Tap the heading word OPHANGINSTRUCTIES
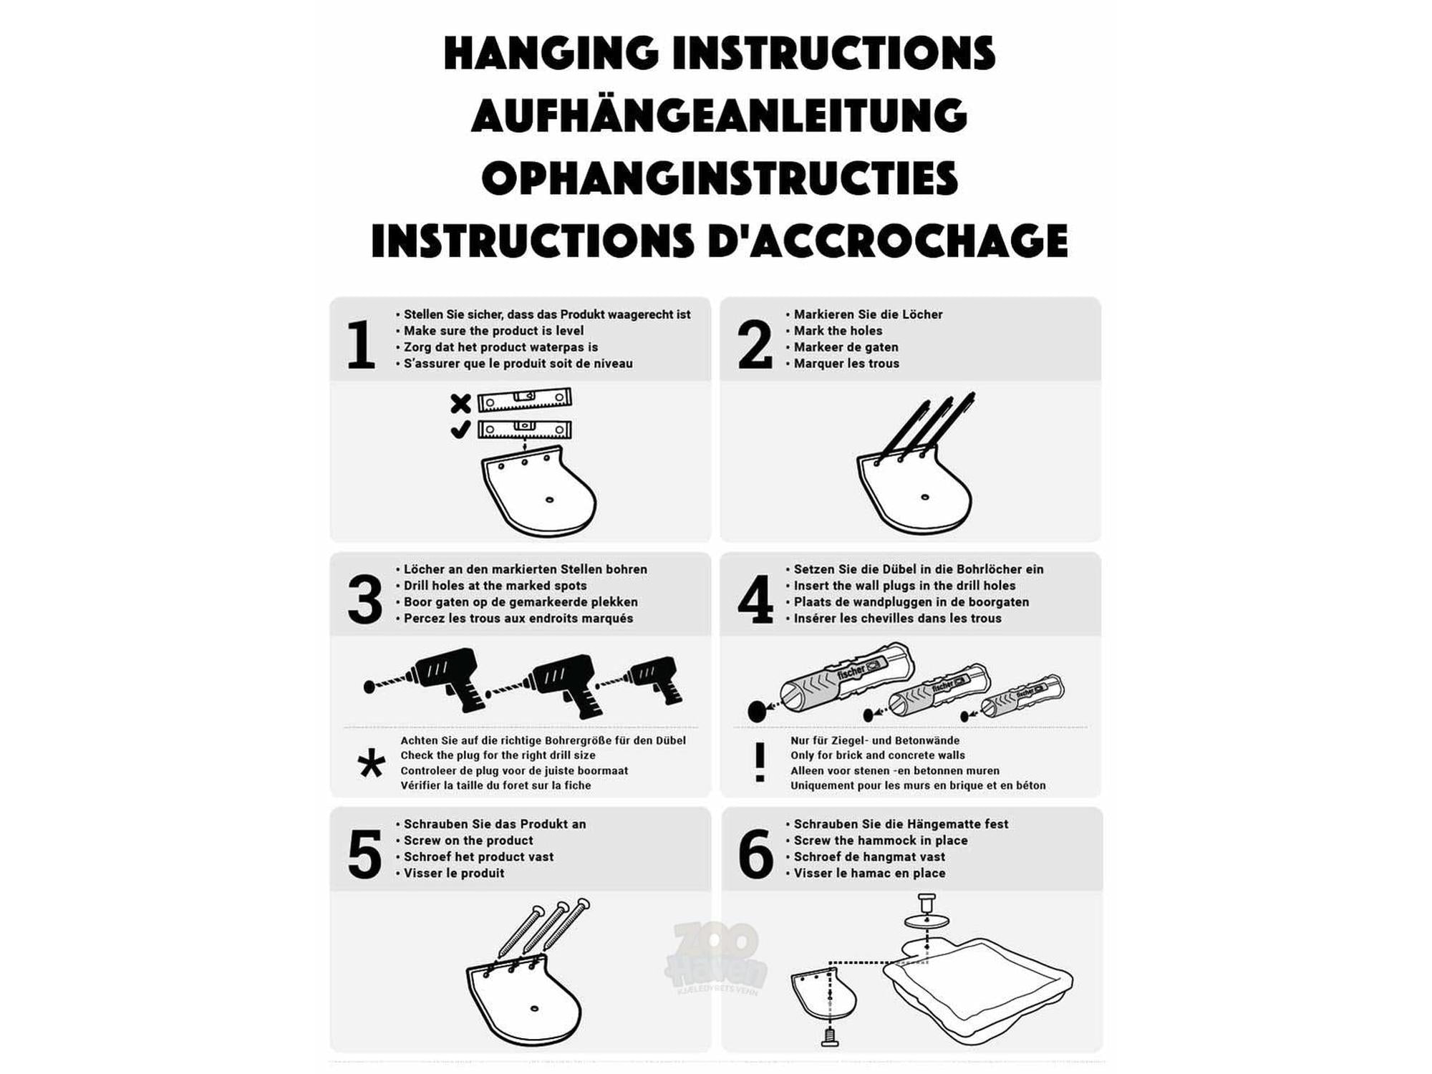(x=720, y=178)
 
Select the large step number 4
(x=755, y=599)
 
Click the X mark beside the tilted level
(x=460, y=404)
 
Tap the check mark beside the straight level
(x=460, y=430)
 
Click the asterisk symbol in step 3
(x=371, y=764)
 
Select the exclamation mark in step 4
(x=760, y=762)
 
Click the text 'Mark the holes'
(x=838, y=331)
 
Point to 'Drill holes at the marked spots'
(x=495, y=586)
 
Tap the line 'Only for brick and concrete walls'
(x=878, y=755)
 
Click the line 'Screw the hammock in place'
(x=881, y=841)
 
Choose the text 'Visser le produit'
(x=454, y=874)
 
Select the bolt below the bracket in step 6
(x=829, y=1036)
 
